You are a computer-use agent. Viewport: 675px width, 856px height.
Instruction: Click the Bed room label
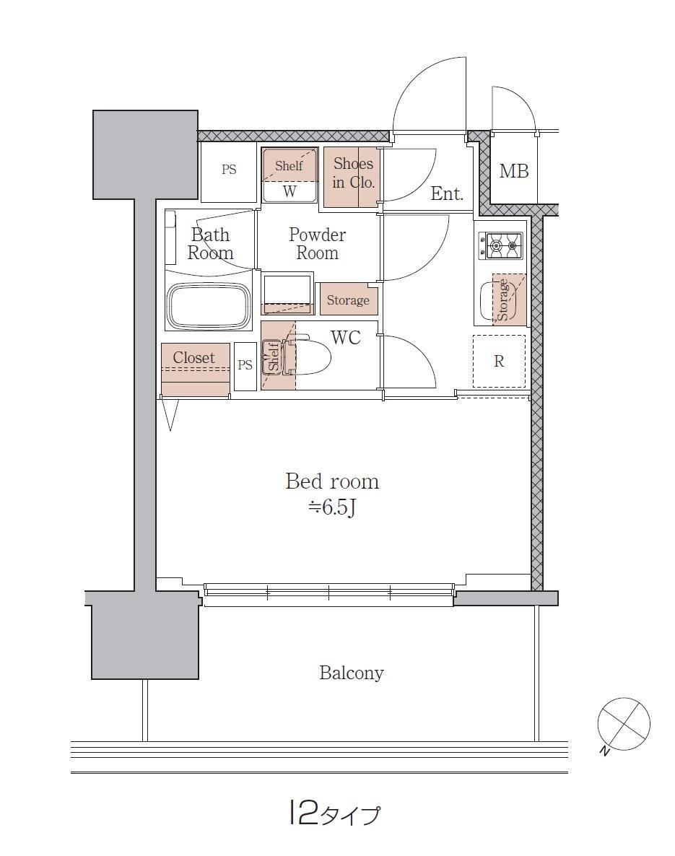pyautogui.click(x=332, y=481)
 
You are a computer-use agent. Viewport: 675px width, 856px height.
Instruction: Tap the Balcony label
pyautogui.click(x=351, y=673)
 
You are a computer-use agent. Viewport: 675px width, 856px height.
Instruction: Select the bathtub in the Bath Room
pyautogui.click(x=208, y=306)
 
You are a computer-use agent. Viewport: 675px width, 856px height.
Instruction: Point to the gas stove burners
pyautogui.click(x=500, y=245)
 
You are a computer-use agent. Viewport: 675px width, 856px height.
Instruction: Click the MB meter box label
pyautogui.click(x=514, y=172)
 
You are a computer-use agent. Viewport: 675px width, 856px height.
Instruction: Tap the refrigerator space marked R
pyautogui.click(x=499, y=361)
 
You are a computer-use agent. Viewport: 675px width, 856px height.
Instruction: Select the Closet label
pyautogui.click(x=194, y=357)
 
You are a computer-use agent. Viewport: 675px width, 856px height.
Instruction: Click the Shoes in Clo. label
pyautogui.click(x=353, y=172)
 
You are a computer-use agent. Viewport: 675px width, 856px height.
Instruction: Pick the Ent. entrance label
pyautogui.click(x=447, y=193)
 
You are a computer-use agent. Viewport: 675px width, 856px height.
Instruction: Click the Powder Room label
pyautogui.click(x=317, y=243)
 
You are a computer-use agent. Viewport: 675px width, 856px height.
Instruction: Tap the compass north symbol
pyautogui.click(x=623, y=725)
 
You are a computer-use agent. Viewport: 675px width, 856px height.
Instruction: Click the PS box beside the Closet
pyautogui.click(x=245, y=366)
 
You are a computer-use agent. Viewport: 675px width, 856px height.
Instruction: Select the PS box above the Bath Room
pyautogui.click(x=229, y=170)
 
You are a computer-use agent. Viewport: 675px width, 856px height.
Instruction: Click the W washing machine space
pyautogui.click(x=289, y=191)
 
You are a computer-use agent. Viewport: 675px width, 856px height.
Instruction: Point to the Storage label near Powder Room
pyautogui.click(x=348, y=300)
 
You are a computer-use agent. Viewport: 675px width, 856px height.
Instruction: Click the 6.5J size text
pyautogui.click(x=333, y=507)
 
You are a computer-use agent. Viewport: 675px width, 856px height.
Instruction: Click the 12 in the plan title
pyautogui.click(x=302, y=813)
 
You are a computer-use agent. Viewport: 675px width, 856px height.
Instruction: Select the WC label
pyautogui.click(x=346, y=337)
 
